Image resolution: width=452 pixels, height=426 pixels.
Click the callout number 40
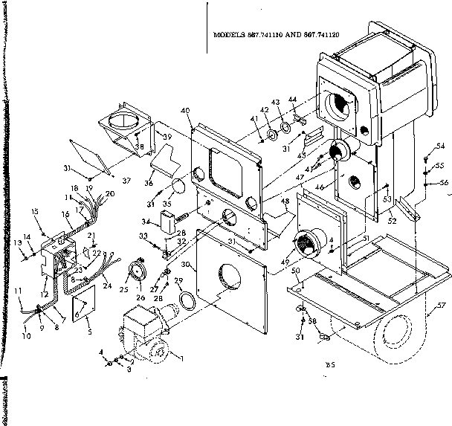[185, 111]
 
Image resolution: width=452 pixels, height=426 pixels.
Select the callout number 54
[440, 146]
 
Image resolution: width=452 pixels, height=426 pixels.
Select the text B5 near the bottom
[330, 364]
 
